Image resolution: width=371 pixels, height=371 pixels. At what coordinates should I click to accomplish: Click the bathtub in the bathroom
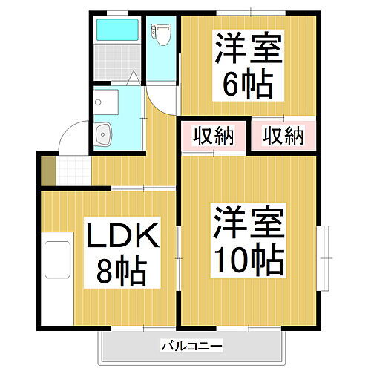click(x=117, y=32)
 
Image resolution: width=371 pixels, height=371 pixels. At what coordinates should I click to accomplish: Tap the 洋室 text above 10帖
click(x=248, y=223)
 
